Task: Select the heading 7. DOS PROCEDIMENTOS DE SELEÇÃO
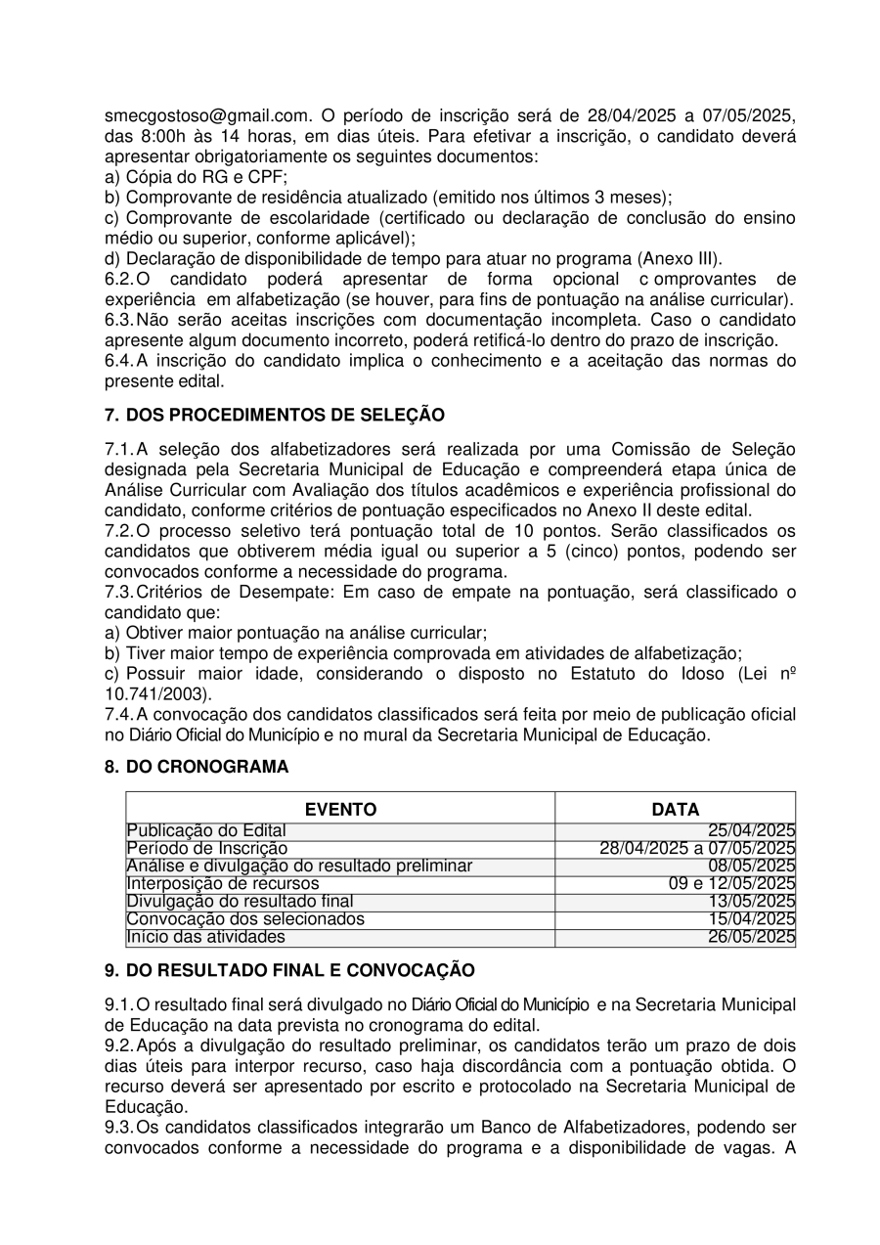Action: point(275,415)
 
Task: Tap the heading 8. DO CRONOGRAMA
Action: point(197,767)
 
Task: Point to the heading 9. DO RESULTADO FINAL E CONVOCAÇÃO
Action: point(289,970)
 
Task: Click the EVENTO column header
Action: point(340,809)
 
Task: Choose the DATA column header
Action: point(676,809)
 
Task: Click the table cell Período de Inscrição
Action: point(207,849)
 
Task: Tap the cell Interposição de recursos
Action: point(223,884)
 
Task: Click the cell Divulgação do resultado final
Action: point(241,902)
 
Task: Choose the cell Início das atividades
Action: point(206,937)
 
